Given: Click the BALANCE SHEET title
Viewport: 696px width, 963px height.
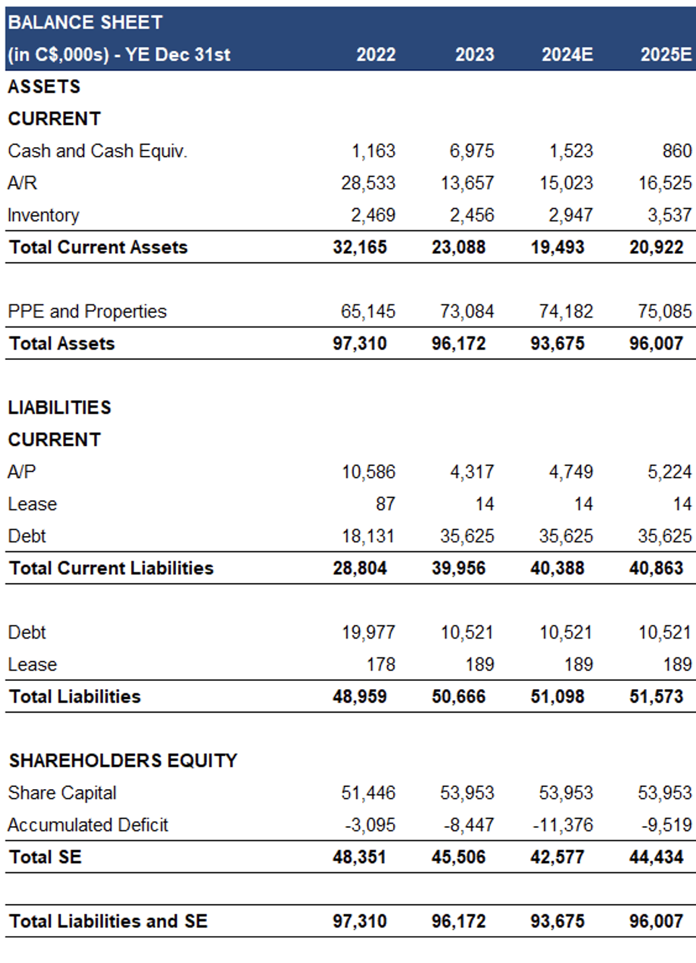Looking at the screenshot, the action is click(x=85, y=22).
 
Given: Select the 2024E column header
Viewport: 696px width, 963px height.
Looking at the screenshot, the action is click(x=567, y=54).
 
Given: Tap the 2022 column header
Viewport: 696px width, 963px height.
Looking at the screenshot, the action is click(x=376, y=54).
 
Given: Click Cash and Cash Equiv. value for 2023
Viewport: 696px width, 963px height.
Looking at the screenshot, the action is click(x=472, y=151).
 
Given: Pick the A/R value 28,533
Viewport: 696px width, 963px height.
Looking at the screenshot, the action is click(x=368, y=183).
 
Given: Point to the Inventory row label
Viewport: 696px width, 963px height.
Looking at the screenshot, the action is click(x=44, y=215).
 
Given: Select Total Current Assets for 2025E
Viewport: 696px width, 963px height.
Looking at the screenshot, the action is click(x=656, y=247).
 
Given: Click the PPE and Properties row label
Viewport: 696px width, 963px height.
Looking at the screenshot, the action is click(x=87, y=311).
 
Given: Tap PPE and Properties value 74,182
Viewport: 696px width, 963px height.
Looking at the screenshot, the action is click(x=566, y=311).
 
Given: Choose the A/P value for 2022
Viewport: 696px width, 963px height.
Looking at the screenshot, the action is click(x=368, y=472).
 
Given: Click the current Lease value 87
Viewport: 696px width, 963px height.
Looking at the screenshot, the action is click(x=386, y=504).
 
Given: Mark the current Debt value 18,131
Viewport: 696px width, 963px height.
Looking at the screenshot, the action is click(x=368, y=536).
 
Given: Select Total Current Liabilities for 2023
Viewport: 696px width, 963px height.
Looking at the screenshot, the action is click(x=459, y=568).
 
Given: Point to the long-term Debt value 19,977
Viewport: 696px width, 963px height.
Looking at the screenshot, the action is click(x=368, y=633).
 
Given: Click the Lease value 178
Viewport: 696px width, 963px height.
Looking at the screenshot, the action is click(x=381, y=665).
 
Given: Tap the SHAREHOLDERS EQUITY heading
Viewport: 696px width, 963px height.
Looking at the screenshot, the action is click(x=123, y=760).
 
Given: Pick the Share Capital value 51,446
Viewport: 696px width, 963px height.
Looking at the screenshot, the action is click(x=368, y=792).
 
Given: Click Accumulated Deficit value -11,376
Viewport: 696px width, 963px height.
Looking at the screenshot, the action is click(x=563, y=825).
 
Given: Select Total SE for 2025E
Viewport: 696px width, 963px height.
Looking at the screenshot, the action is click(x=656, y=857).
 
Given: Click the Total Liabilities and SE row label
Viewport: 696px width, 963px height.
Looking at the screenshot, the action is click(x=108, y=921).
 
